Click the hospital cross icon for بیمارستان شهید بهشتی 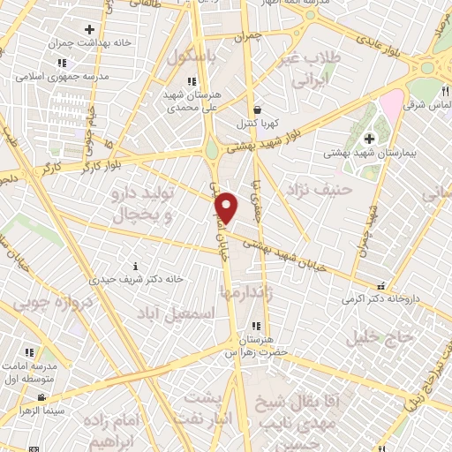coord(369,138)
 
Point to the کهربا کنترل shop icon coord(256,109)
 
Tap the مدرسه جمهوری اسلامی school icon coord(61,63)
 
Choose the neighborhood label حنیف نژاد coord(320,189)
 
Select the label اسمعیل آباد coord(184,313)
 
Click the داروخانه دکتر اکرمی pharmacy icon coord(380,286)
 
